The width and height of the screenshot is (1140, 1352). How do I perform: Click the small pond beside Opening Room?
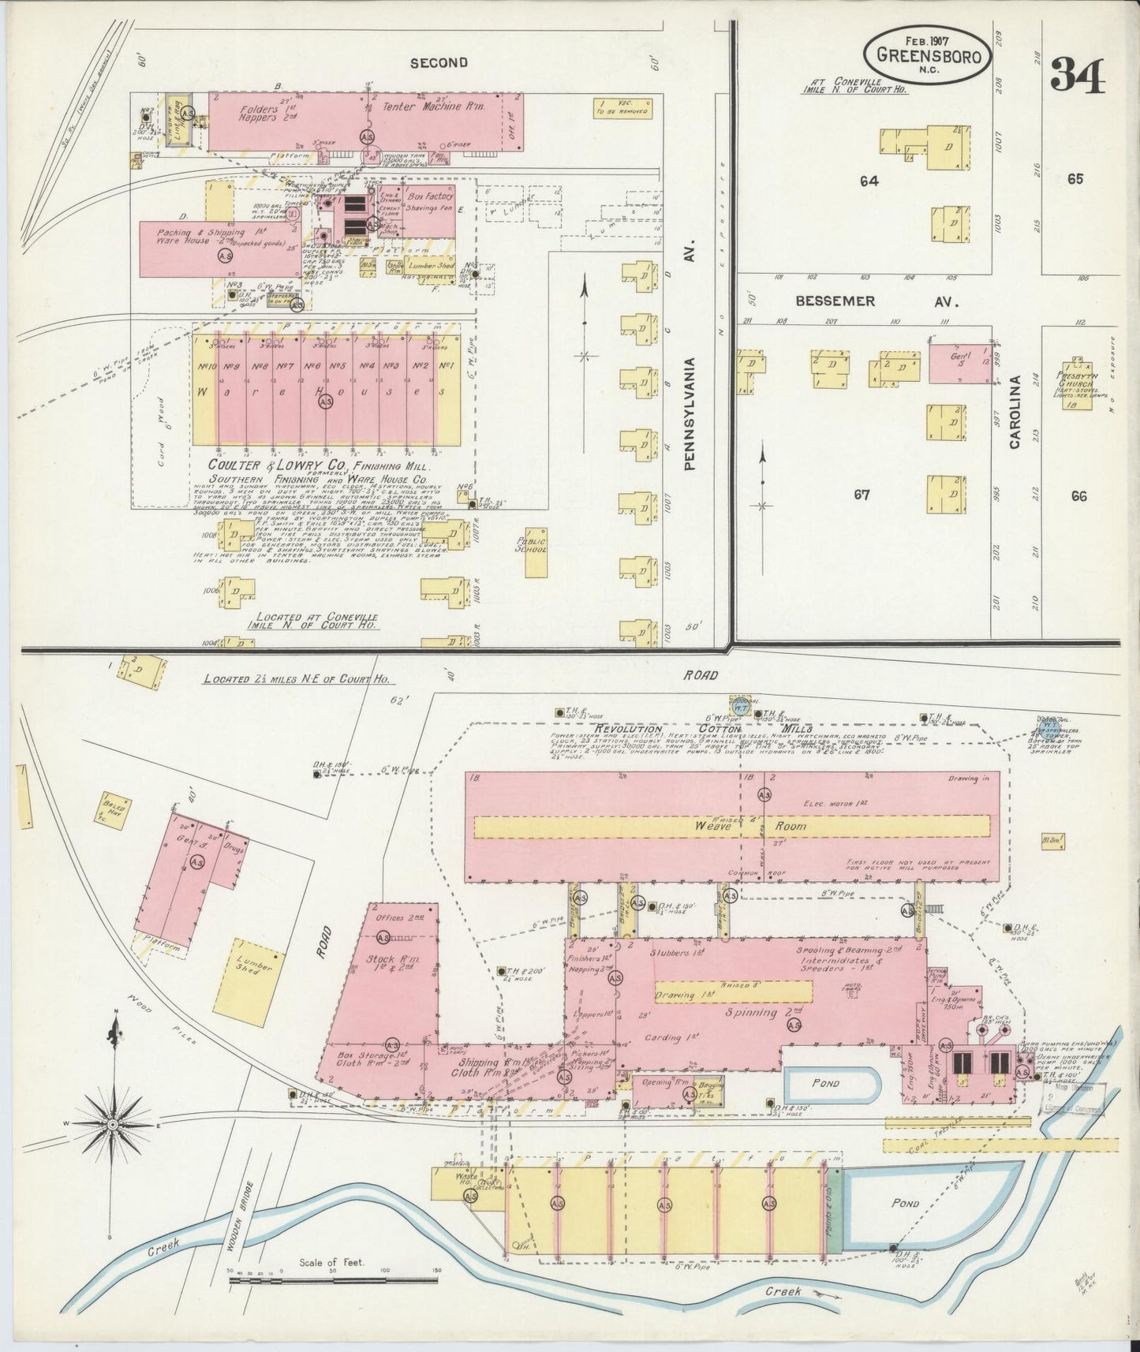(829, 1084)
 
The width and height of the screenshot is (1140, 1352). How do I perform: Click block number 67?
(862, 495)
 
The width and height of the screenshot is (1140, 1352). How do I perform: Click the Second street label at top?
(439, 62)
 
